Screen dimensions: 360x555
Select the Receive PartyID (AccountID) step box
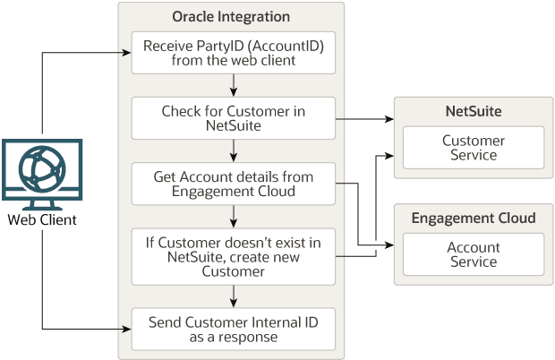point(233,54)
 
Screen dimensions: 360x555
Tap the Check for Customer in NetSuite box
point(233,119)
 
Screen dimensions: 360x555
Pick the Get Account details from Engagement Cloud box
point(233,184)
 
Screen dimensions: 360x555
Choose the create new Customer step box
point(233,250)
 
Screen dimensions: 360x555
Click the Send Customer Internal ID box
point(233,329)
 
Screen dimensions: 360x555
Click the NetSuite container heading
point(473,112)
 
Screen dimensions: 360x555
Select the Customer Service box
point(473,148)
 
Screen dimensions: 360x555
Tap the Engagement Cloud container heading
point(473,219)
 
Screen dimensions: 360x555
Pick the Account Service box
point(473,254)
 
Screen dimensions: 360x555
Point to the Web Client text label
point(42,220)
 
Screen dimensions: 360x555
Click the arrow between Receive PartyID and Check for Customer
point(234,85)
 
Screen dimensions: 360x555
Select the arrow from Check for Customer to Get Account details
point(234,150)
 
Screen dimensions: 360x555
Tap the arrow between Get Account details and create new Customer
point(234,216)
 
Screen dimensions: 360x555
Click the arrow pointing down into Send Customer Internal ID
point(234,295)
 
